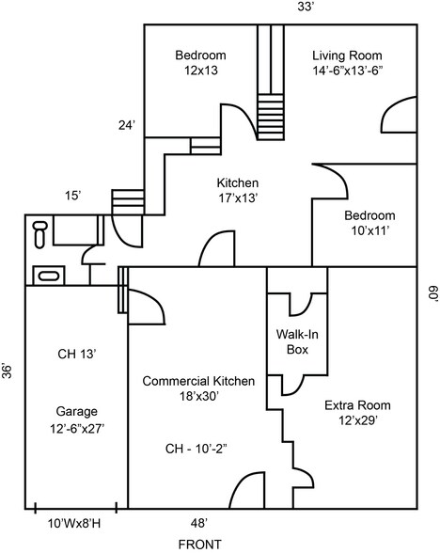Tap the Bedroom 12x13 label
click(200, 63)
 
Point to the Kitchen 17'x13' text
click(237, 190)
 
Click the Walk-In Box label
click(296, 341)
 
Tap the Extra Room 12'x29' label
click(357, 413)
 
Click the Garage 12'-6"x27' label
click(76, 419)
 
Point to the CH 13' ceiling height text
click(77, 355)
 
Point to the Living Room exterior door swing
click(400, 117)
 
